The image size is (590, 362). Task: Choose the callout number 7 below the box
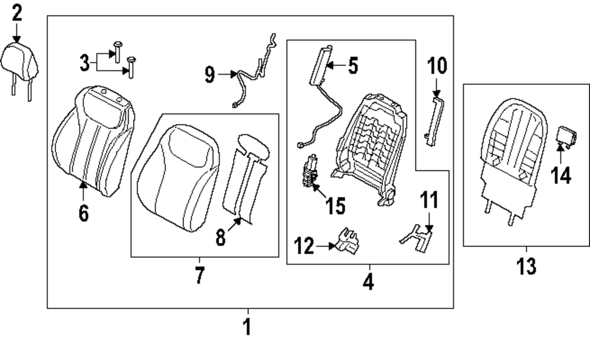(x=199, y=275)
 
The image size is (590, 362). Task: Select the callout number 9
(x=209, y=74)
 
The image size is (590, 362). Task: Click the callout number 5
(x=352, y=65)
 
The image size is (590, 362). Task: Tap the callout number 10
(x=437, y=65)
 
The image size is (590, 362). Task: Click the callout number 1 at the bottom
(x=248, y=326)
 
